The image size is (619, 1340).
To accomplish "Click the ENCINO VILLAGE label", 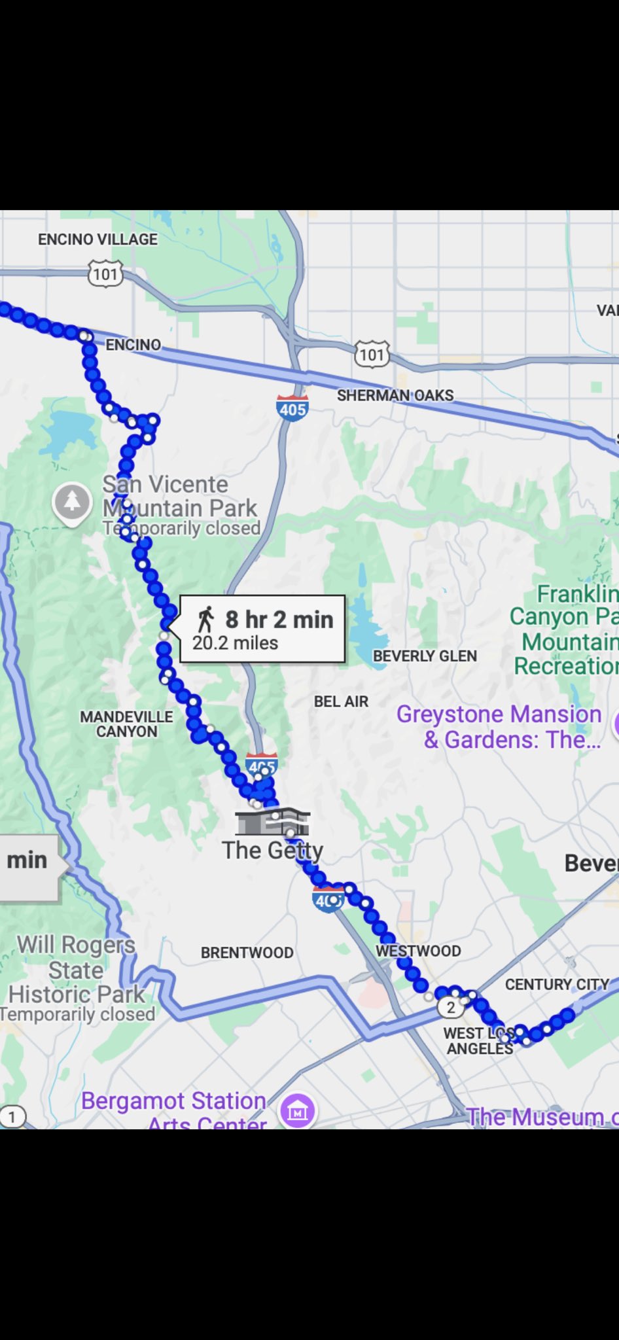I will (x=97, y=239).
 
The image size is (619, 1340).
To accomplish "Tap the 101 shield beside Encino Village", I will (x=105, y=273).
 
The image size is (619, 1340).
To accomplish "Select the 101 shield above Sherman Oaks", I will (x=372, y=355).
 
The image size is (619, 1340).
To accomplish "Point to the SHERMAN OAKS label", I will (x=395, y=395).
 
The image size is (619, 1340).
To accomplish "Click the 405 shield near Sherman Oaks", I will (x=292, y=409).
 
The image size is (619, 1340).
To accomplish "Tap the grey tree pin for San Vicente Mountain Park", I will (x=72, y=502).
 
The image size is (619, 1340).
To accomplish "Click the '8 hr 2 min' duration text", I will (x=279, y=619).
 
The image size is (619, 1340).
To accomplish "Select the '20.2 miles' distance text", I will (x=235, y=643).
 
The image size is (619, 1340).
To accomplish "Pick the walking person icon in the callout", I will (x=206, y=619).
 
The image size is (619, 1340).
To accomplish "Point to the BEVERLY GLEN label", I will (x=425, y=656).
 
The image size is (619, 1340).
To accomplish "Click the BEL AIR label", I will (x=341, y=701).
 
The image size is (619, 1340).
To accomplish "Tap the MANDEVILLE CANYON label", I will (x=126, y=724).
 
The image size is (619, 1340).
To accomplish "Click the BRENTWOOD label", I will (x=247, y=953).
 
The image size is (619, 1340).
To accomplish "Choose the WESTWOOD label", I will (x=418, y=951).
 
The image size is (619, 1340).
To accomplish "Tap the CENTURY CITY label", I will (x=557, y=984).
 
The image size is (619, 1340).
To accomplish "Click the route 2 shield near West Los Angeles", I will (x=450, y=1007).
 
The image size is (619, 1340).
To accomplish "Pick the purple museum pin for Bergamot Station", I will (x=298, y=1110).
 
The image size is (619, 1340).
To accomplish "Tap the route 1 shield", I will (x=11, y=1117).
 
